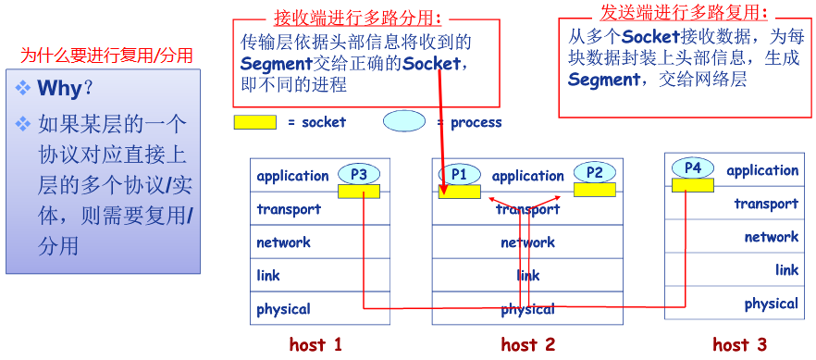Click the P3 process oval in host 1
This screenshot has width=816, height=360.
[359, 174]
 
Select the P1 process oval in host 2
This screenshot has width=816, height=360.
[459, 174]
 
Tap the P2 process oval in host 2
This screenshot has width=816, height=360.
[594, 172]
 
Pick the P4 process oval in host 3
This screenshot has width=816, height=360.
[692, 168]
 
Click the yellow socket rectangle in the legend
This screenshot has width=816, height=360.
[254, 122]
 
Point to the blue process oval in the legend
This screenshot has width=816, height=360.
[404, 121]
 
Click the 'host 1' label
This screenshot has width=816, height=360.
[315, 345]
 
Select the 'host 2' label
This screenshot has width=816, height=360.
[527, 345]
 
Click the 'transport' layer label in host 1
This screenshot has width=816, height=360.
[289, 209]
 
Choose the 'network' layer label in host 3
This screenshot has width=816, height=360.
[771, 237]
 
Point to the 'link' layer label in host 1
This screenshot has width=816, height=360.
[268, 276]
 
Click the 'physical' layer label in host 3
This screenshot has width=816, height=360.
[771, 304]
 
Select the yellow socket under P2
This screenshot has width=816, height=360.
[594, 190]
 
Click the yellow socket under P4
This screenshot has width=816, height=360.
[692, 185]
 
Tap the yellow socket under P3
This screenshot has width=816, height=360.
[359, 192]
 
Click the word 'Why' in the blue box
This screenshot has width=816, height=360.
[59, 90]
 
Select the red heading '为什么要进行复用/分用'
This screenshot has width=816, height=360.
[106, 56]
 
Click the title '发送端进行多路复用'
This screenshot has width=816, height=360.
[683, 12]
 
